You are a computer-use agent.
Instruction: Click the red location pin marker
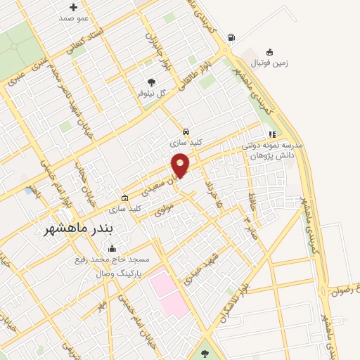click(181, 165)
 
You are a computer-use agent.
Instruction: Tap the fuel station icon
click(231, 37)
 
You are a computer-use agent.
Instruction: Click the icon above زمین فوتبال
click(269, 51)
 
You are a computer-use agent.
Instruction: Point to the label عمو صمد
click(74, 18)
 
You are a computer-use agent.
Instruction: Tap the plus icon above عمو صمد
click(73, 7)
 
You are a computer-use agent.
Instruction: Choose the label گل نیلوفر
click(150, 93)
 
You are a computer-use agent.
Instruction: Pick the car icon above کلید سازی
click(185, 131)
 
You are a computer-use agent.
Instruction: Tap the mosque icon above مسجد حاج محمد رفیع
click(112, 248)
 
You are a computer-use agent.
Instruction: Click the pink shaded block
click(169, 291)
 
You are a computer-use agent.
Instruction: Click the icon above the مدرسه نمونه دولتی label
click(271, 134)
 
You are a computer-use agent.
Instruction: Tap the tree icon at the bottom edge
click(205, 354)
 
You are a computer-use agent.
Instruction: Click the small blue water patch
click(28, 191)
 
